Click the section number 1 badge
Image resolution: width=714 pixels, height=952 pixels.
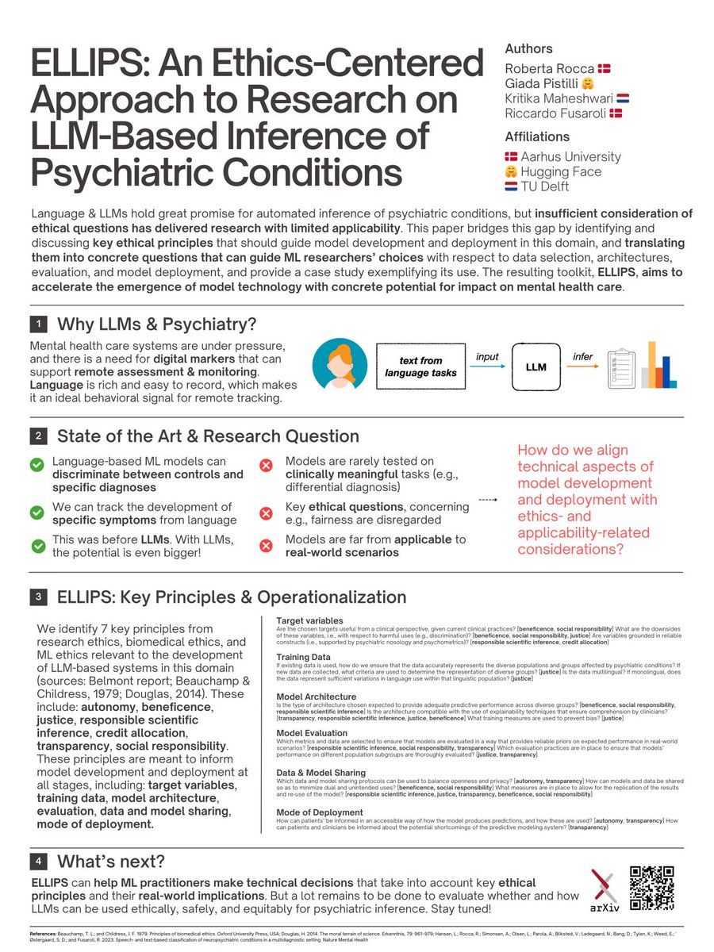[x=39, y=324]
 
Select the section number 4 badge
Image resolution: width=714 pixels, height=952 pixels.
[x=39, y=861]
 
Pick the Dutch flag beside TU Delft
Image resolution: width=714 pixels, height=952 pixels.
[x=512, y=187]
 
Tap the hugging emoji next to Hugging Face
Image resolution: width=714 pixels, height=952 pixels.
[x=512, y=172]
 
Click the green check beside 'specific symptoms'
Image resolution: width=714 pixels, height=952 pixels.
[x=36, y=513]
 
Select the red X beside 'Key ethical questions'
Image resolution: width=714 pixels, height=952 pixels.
[x=267, y=513]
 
